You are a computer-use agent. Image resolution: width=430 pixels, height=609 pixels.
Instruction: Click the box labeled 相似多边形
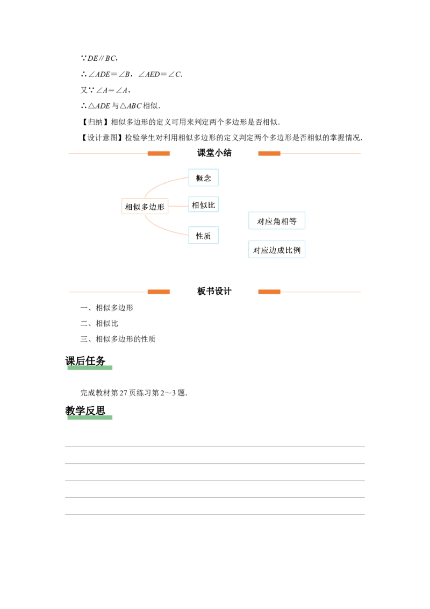[x=145, y=206]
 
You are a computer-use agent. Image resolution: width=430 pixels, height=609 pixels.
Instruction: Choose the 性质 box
[x=202, y=235]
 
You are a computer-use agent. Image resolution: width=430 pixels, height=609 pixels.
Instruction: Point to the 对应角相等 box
[x=277, y=221]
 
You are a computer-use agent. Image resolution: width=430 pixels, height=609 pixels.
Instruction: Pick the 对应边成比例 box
[x=277, y=250]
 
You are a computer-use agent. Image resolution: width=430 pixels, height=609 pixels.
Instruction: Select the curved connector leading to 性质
[x=161, y=226]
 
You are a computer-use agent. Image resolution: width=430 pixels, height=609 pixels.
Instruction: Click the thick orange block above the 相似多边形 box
[x=159, y=154]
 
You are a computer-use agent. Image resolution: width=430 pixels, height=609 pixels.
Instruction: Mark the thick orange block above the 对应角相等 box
[x=270, y=154]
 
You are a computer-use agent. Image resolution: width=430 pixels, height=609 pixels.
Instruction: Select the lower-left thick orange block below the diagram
[x=159, y=292]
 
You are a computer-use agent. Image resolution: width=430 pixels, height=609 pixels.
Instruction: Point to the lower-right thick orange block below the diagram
[x=270, y=292]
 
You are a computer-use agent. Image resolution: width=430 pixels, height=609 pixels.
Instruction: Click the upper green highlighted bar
[x=90, y=369]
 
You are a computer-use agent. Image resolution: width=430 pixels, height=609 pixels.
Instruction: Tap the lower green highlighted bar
[x=90, y=417]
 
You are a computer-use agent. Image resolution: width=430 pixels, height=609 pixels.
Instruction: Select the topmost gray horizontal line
[x=215, y=445]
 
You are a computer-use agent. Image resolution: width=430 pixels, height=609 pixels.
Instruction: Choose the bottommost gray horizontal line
[x=215, y=514]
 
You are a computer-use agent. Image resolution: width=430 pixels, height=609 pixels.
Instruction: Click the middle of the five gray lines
[x=215, y=480]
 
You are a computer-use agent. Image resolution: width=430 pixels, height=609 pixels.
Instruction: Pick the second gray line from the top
[x=215, y=463]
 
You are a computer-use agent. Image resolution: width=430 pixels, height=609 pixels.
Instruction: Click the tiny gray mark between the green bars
[x=168, y=394]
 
